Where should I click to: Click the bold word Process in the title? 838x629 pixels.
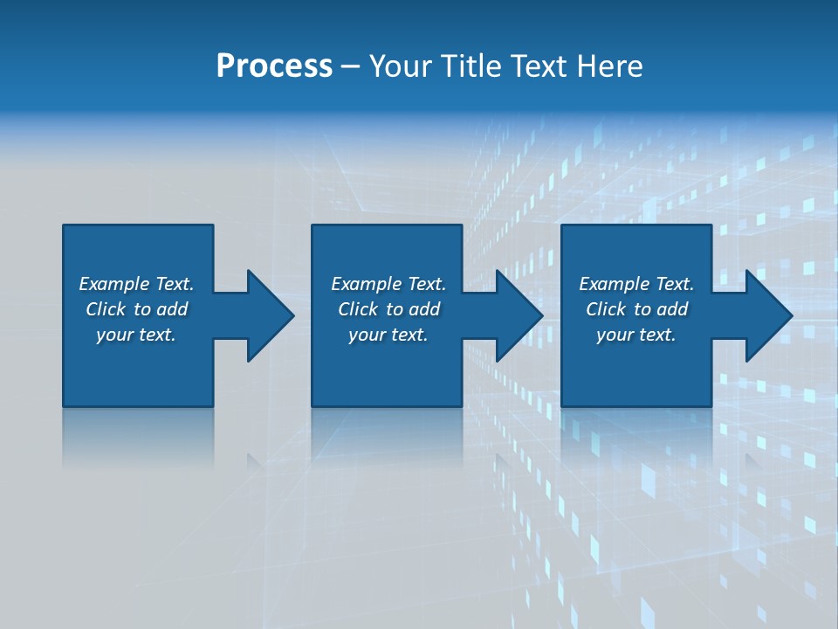tap(274, 66)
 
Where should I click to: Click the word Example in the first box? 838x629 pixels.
tap(114, 284)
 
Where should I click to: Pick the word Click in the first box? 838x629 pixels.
tap(106, 309)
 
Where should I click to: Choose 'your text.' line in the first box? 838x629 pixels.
tap(136, 335)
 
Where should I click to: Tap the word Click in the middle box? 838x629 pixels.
tap(359, 309)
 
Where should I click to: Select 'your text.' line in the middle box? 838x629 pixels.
tap(388, 335)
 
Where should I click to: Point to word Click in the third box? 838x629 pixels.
tap(607, 309)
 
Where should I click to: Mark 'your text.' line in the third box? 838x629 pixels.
tap(636, 335)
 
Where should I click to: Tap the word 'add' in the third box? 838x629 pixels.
tap(672, 309)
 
